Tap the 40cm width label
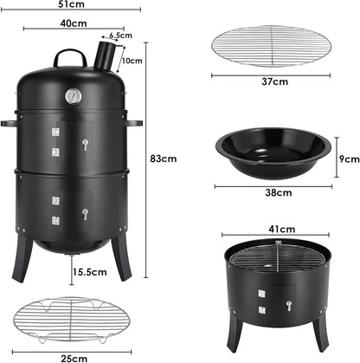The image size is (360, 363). (73, 24)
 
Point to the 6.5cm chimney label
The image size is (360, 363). (120, 36)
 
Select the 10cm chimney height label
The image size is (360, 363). (132, 61)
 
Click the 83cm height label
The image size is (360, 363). (163, 159)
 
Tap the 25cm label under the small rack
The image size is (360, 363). (74, 356)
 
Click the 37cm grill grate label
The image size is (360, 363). (274, 82)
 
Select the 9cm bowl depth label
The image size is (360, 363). (348, 159)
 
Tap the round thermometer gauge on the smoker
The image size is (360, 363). (74, 96)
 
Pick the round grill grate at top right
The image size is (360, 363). (273, 46)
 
